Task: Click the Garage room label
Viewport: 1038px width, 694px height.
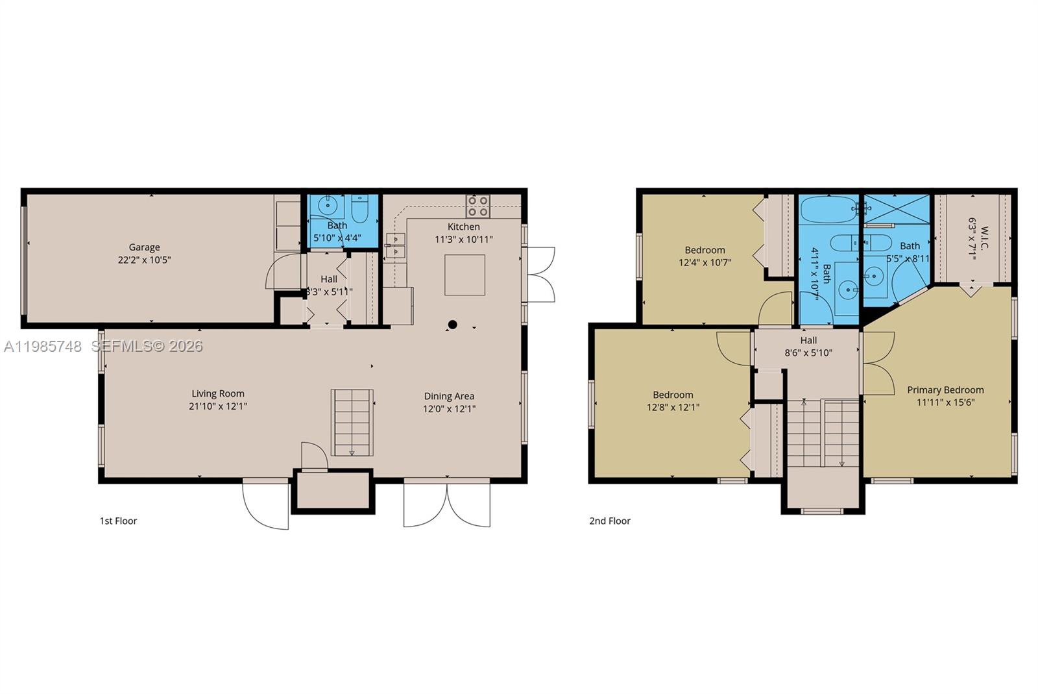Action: [144, 247]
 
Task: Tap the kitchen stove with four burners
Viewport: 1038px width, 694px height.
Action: [478, 206]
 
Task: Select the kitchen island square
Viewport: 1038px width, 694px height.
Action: [465, 275]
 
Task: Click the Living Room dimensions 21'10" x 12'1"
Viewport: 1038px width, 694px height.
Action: [217, 406]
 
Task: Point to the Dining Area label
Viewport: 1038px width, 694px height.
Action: [449, 396]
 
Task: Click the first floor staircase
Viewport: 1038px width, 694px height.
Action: [352, 423]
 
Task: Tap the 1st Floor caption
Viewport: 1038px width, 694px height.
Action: [118, 521]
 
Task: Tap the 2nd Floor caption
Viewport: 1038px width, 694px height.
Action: [610, 521]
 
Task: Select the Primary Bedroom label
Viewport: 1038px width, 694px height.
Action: [945, 390]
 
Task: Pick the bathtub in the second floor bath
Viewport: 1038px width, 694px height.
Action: [828, 210]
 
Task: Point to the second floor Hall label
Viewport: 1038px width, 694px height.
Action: [808, 340]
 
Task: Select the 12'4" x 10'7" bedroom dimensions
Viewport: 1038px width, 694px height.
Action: [705, 263]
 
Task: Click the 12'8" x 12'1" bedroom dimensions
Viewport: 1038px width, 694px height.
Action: [673, 408]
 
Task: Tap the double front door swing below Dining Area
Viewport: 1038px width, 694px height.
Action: [446, 503]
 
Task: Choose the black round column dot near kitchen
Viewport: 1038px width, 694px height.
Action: [453, 325]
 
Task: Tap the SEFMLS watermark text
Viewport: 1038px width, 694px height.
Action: [147, 347]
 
